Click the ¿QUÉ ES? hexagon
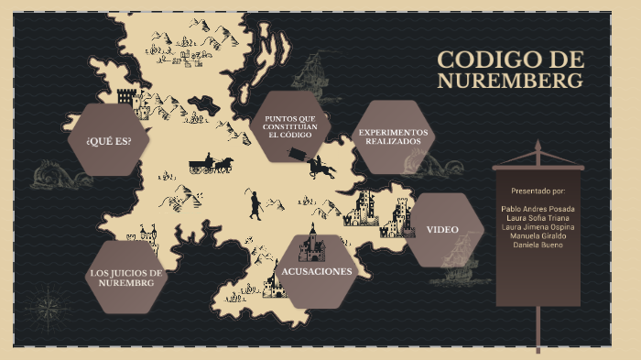[x=108, y=140]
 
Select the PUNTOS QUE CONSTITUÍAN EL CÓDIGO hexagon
[x=289, y=126]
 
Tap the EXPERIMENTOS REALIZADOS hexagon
[x=394, y=137]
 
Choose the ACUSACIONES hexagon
[x=316, y=271]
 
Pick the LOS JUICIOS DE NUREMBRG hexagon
[x=125, y=278]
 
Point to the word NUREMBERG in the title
[x=509, y=82]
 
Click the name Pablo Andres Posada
[x=538, y=209]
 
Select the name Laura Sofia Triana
[x=538, y=218]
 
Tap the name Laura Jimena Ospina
[x=538, y=227]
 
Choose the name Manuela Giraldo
[x=538, y=236]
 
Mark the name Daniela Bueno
[x=538, y=245]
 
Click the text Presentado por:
[x=538, y=191]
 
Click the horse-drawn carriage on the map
[x=211, y=165]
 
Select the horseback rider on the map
[x=320, y=166]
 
